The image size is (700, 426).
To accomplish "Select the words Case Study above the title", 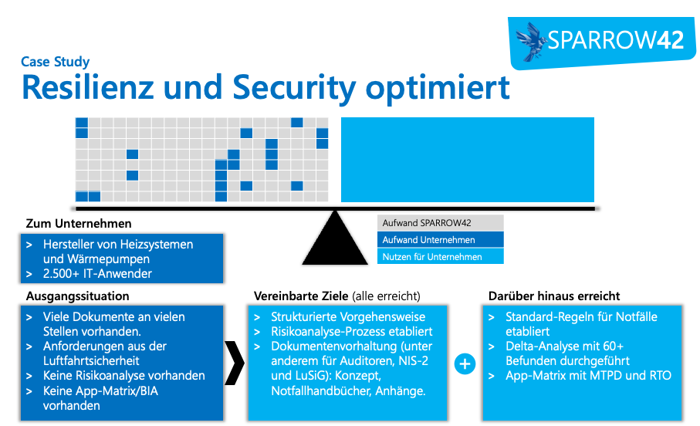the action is (56, 62).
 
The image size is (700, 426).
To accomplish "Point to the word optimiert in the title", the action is (437, 87).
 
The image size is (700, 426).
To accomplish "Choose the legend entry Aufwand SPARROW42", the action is (427, 223).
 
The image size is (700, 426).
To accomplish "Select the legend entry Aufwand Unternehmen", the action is (428, 240).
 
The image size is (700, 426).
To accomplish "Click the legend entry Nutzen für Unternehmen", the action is (432, 257).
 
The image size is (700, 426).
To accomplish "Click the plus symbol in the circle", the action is (465, 363).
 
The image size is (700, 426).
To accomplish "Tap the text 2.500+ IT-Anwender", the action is (97, 273).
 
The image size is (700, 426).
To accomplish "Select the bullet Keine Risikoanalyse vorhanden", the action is (123, 376).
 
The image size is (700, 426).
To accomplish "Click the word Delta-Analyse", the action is (543, 347).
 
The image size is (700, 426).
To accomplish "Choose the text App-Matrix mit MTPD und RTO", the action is (588, 376).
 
